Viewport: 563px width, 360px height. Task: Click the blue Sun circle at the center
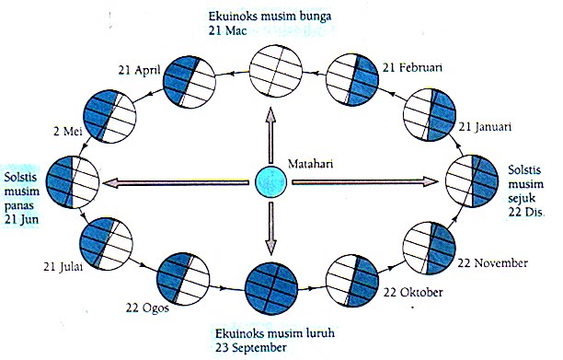pyautogui.click(x=270, y=181)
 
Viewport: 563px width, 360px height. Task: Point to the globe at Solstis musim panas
pyautogui.click(x=72, y=180)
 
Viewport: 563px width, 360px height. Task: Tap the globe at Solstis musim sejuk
pyautogui.click(x=472, y=179)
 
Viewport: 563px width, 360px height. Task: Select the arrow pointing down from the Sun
pyautogui.click(x=270, y=231)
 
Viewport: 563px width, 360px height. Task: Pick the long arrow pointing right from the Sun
pyautogui.click(x=368, y=182)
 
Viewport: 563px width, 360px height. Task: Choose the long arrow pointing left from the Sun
pyautogui.click(x=175, y=182)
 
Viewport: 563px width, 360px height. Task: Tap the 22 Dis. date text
pyautogui.click(x=526, y=213)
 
